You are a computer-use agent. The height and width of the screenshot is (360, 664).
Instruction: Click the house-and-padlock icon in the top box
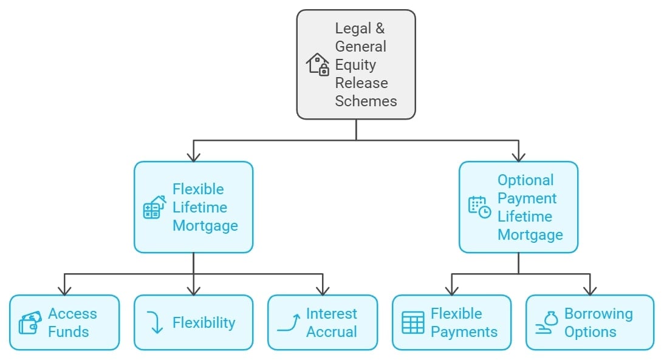click(x=317, y=64)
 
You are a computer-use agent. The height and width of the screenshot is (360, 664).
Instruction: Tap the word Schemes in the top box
click(x=366, y=101)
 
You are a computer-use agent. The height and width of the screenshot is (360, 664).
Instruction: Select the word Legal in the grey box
click(x=351, y=28)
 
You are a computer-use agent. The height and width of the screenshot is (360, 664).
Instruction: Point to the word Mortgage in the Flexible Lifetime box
click(x=205, y=225)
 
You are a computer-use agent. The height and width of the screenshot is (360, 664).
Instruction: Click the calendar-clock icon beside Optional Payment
click(x=479, y=207)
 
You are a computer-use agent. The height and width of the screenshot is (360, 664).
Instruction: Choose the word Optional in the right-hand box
click(x=525, y=180)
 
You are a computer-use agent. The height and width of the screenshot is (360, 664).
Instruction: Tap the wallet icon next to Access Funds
click(x=30, y=323)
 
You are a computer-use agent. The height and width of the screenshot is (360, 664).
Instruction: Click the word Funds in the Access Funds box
click(x=68, y=332)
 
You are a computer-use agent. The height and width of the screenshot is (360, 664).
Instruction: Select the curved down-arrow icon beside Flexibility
click(x=156, y=322)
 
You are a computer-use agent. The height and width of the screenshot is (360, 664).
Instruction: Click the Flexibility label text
click(x=204, y=323)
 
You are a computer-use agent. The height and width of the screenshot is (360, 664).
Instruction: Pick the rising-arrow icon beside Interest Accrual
click(x=289, y=323)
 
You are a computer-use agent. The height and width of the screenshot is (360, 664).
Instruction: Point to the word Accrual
click(x=331, y=332)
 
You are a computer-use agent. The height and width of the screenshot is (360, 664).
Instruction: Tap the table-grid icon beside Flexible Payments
click(x=413, y=323)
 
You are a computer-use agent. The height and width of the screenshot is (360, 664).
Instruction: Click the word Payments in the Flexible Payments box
click(x=464, y=332)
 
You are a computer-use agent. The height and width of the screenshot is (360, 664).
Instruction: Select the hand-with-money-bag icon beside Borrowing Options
click(x=547, y=323)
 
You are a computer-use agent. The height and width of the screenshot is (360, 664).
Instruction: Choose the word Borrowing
click(x=598, y=314)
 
